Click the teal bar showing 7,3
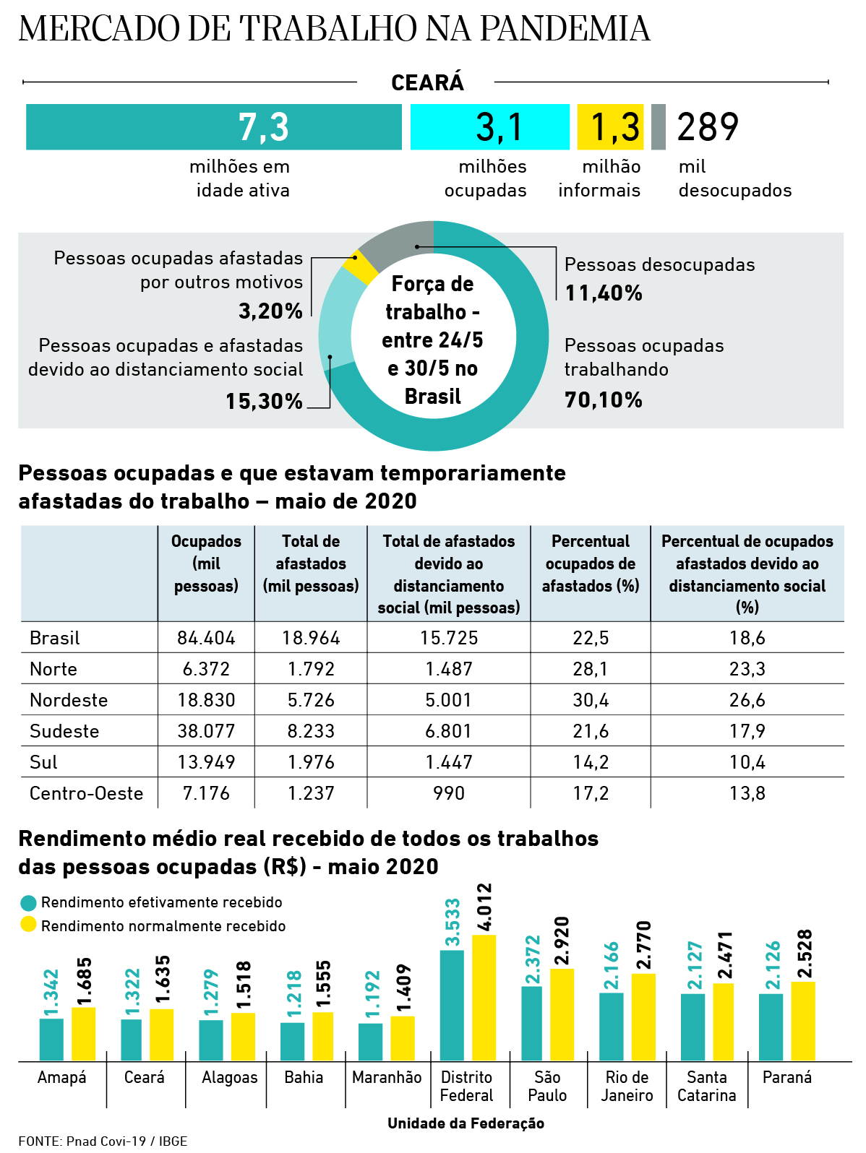[214, 127]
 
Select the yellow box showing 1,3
[610, 127]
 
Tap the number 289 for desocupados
[708, 127]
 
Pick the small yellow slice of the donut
[360, 267]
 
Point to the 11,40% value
[604, 293]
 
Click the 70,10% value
[604, 400]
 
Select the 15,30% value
[264, 401]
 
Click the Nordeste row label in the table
[69, 700]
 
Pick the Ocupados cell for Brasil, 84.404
[206, 638]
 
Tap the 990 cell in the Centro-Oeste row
[449, 793]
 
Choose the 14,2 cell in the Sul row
[591, 762]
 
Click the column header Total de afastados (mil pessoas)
[311, 563]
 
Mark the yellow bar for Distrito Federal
[484, 998]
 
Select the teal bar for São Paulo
[531, 1023]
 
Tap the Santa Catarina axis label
[706, 1087]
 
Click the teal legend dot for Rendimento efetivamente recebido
[28, 903]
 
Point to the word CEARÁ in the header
[427, 83]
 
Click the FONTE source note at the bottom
[103, 1141]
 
